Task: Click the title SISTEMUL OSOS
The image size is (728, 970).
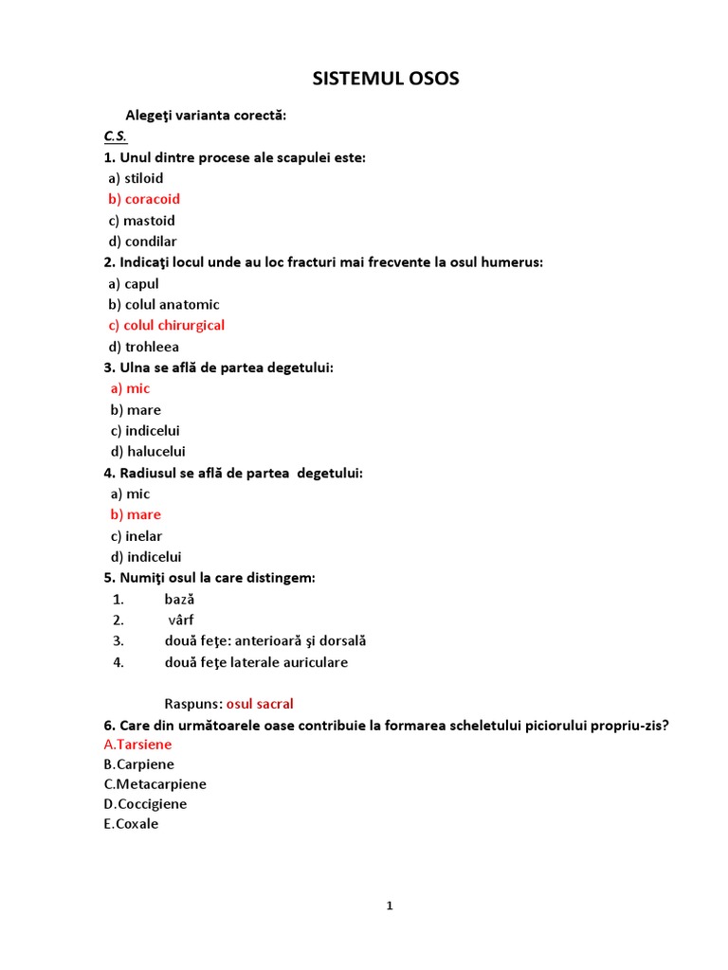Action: click(x=386, y=79)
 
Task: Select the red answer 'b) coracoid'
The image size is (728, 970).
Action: click(x=144, y=199)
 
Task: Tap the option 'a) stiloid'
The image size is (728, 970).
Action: click(x=136, y=178)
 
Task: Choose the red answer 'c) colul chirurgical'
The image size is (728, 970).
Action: click(x=166, y=325)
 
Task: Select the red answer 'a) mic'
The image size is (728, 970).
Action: click(x=130, y=388)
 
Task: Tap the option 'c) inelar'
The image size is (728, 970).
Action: click(x=136, y=536)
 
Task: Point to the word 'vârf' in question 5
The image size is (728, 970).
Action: click(x=181, y=620)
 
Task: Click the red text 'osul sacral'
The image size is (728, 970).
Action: click(x=260, y=704)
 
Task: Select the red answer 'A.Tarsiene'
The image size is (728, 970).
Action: click(x=137, y=745)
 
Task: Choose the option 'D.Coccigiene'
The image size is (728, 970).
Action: click(x=145, y=804)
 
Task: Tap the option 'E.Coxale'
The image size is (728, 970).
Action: click(x=131, y=824)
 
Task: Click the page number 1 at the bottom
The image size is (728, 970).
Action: click(x=389, y=907)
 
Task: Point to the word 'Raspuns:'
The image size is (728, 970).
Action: click(x=193, y=704)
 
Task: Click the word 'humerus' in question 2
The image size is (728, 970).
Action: click(x=512, y=262)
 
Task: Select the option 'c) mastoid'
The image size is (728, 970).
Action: click(x=141, y=221)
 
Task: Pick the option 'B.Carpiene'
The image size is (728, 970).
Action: click(x=138, y=764)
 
